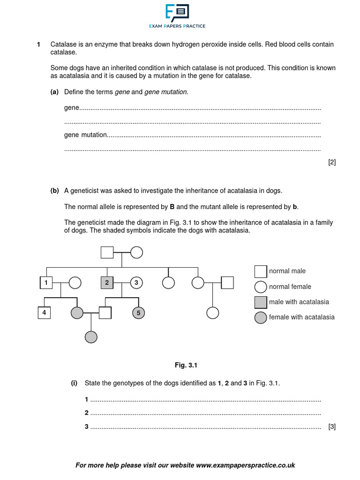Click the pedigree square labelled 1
(x=45, y=282)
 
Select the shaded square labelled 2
(x=107, y=282)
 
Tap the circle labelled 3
(x=136, y=282)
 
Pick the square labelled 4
(x=44, y=312)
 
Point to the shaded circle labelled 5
(x=138, y=312)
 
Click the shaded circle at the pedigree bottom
(x=91, y=337)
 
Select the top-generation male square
(x=107, y=252)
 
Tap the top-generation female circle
(x=136, y=252)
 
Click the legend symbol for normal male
(x=261, y=271)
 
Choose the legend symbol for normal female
(x=261, y=286)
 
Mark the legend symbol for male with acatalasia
(x=261, y=302)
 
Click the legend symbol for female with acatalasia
(x=261, y=317)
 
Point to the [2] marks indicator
(x=332, y=163)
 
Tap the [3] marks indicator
(x=332, y=427)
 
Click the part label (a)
(x=54, y=92)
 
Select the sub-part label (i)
(x=74, y=383)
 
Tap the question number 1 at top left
(x=38, y=45)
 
